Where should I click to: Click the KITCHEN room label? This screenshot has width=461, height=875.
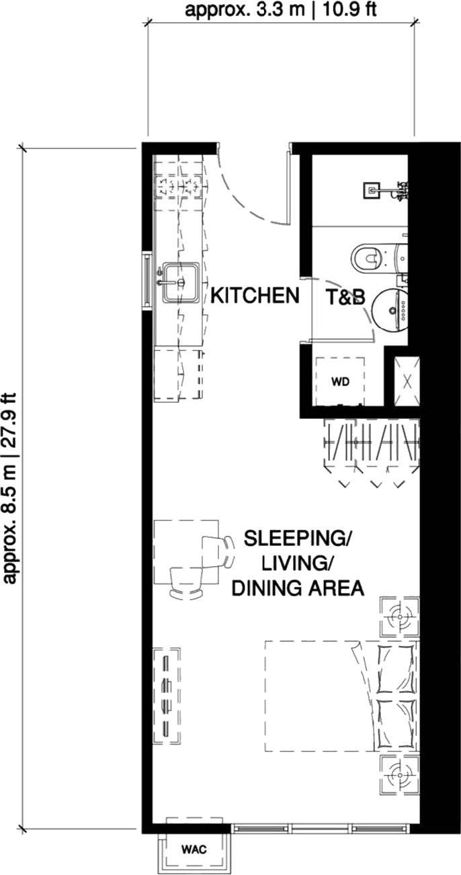pyautogui.click(x=255, y=295)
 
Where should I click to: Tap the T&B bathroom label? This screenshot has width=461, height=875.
pyautogui.click(x=345, y=297)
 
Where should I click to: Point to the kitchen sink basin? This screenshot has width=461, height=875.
pyautogui.click(x=181, y=281)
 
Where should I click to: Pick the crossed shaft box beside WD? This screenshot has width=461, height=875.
pyautogui.click(x=407, y=381)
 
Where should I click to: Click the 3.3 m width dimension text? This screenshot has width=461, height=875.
pyautogui.click(x=280, y=9)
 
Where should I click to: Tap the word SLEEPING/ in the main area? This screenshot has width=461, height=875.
pyautogui.click(x=297, y=539)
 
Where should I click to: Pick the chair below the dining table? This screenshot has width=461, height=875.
pyautogui.click(x=187, y=583)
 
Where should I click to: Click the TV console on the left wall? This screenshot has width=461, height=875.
pyautogui.click(x=167, y=695)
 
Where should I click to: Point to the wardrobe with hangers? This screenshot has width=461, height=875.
pyautogui.click(x=372, y=447)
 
